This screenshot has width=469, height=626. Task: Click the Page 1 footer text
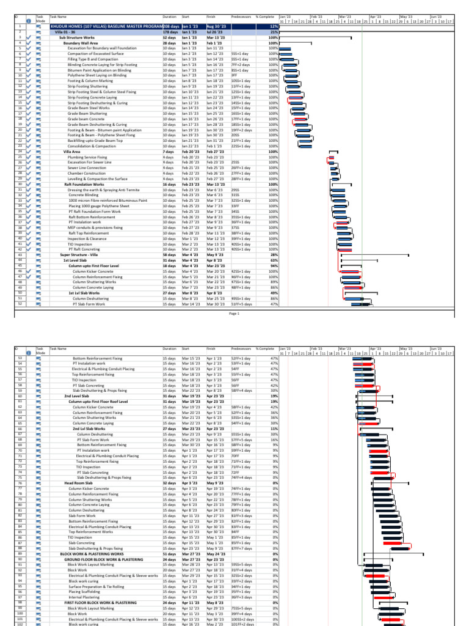pos(234,313)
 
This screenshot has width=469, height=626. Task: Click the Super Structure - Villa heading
pos(79,254)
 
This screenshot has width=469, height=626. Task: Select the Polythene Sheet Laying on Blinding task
pos(96,75)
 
